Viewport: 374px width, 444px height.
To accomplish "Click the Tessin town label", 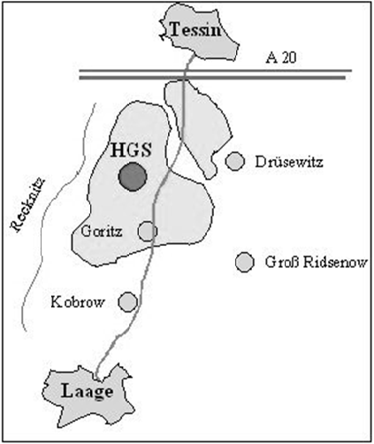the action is tap(195, 29).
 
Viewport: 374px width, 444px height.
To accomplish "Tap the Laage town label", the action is tap(88, 392).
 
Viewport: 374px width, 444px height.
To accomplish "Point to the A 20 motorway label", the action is tap(281, 58).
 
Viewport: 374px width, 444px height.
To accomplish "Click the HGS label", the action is tap(131, 149).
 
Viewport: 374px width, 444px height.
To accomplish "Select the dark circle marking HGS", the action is tap(133, 177).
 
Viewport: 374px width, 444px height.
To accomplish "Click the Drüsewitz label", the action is tap(289, 162).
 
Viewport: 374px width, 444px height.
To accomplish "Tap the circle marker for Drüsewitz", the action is tap(235, 161).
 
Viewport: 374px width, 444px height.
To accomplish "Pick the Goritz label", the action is tap(102, 232).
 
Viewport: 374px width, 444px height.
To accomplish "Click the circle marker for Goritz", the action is tap(148, 232).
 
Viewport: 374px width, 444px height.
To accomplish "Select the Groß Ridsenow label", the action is tap(317, 262).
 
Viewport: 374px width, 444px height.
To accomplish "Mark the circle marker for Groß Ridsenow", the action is tap(245, 262).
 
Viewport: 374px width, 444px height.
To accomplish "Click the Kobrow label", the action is tap(78, 302).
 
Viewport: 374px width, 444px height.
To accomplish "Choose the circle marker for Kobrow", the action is tap(128, 302).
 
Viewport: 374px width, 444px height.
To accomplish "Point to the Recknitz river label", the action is tap(28, 204).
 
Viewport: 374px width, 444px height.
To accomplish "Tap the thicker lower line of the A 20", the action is tap(212, 78).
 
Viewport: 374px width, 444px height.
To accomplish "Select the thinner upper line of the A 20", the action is tap(216, 71).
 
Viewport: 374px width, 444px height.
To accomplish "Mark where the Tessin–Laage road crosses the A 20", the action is tap(185, 74).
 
